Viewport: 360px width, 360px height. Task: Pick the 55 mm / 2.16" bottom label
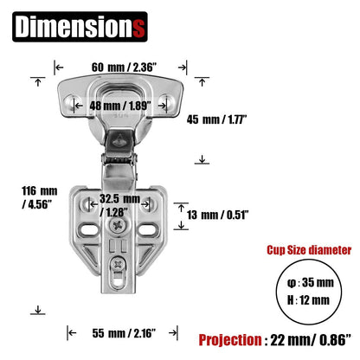(125, 332)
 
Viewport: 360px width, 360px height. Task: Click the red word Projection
(236, 339)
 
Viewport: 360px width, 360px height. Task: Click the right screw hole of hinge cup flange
(172, 102)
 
